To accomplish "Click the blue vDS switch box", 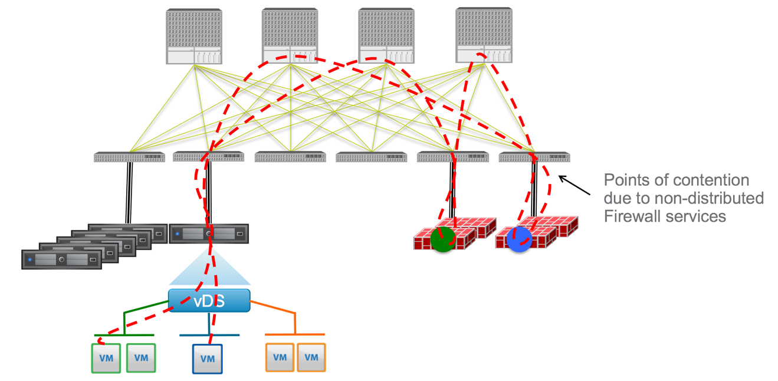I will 209,300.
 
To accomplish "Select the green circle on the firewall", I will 442,239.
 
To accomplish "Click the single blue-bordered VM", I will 207,359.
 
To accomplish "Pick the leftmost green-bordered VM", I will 106,358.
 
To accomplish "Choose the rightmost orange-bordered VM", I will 311,357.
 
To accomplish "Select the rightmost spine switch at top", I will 484,35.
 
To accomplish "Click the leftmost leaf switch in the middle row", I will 129,157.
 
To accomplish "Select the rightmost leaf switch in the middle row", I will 534,157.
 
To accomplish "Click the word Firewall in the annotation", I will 631,216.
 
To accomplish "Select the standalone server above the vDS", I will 209,234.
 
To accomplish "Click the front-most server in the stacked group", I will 61,260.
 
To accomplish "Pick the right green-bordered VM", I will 141,358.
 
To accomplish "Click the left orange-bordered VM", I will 280,357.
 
